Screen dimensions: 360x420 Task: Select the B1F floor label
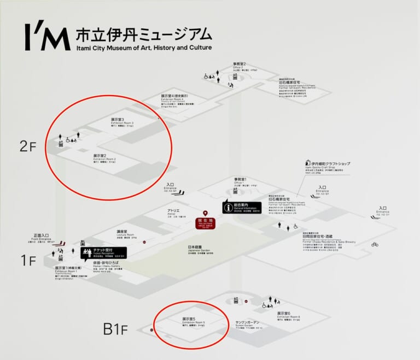point(115,329)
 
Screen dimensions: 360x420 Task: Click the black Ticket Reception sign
point(103,253)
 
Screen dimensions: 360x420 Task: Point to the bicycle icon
point(375,244)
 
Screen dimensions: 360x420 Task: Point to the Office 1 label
point(241,181)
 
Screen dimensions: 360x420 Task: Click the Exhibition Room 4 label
point(174,97)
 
